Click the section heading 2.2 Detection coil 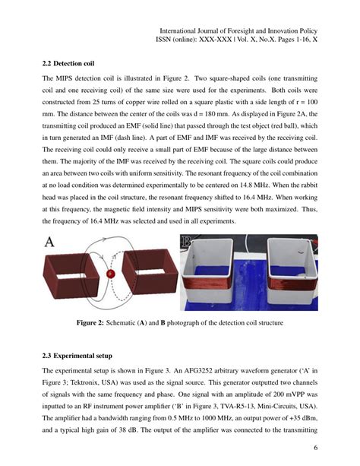coord(68,63)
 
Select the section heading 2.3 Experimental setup coord(77,356)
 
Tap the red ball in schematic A coord(111,273)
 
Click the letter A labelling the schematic coord(50,243)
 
